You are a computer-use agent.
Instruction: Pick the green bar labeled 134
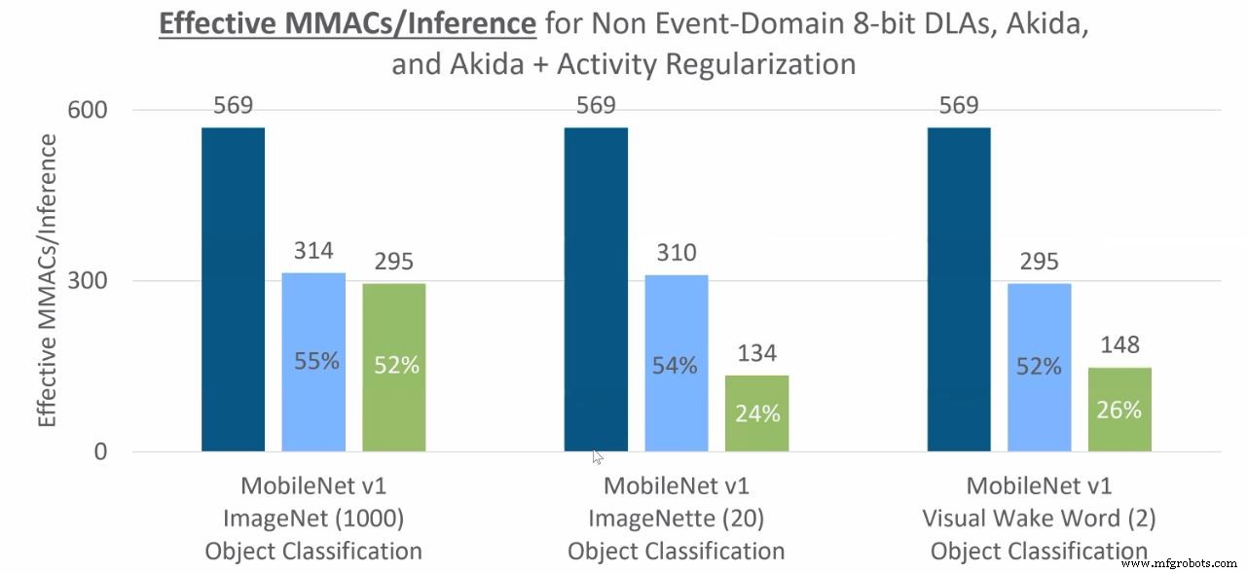(756, 412)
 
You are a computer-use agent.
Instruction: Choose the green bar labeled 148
(1119, 409)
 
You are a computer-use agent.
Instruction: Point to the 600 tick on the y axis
(87, 110)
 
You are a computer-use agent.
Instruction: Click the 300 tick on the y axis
(87, 281)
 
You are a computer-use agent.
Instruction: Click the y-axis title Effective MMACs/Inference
(47, 280)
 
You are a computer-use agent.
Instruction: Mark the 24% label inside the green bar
(757, 413)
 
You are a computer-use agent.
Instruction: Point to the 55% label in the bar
(316, 361)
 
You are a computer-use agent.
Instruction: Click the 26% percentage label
(1119, 410)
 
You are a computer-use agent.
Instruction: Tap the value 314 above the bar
(314, 251)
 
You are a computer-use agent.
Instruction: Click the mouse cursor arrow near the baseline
(597, 456)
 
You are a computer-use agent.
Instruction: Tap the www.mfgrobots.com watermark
(1178, 563)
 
